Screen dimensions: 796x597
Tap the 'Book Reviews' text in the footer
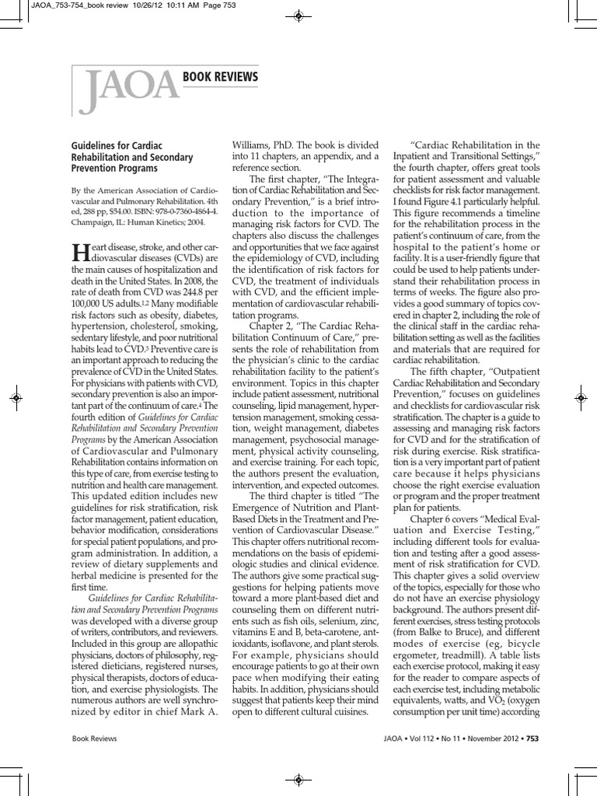point(94,738)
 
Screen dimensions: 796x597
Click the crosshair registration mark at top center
point(298,15)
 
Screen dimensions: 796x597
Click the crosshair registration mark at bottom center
point(298,780)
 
